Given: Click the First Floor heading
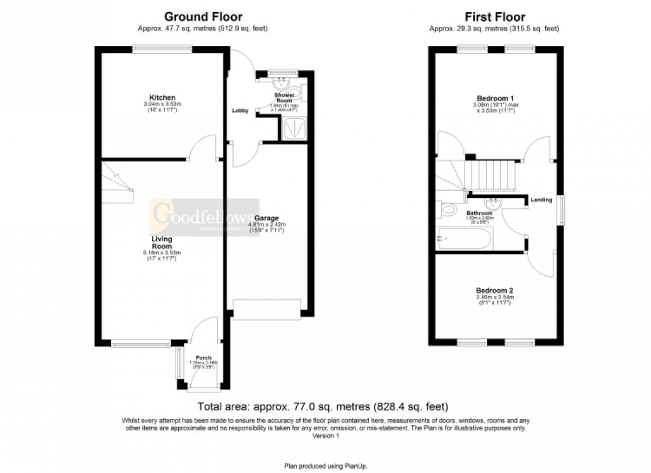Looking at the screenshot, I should [x=495, y=17].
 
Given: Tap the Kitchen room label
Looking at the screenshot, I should [x=162, y=98].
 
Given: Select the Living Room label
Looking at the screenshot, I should [x=161, y=243].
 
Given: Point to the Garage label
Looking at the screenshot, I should [x=267, y=218].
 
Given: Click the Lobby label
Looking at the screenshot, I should [x=239, y=110].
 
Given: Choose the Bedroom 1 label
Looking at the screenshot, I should [x=494, y=98].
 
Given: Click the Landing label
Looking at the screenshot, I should [x=541, y=200].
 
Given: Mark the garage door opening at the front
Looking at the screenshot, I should [x=266, y=309].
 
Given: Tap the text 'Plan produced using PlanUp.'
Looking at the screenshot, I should [x=325, y=467].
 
